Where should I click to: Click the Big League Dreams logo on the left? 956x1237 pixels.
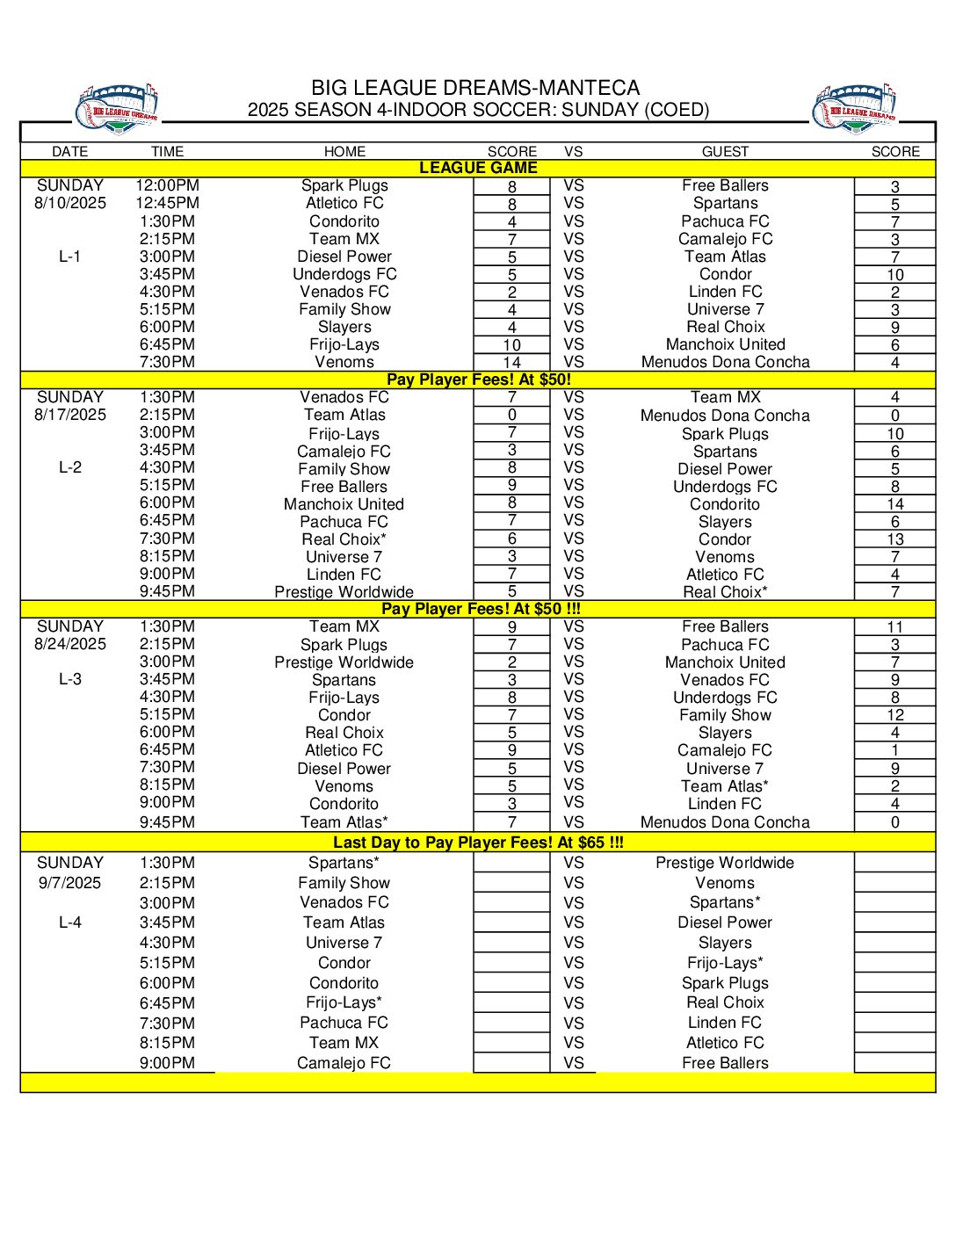pos(116,109)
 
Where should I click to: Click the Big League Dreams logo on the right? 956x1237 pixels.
pos(854,109)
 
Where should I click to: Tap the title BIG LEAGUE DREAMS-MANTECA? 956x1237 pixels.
pos(475,88)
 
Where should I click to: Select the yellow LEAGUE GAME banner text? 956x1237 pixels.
pos(478,168)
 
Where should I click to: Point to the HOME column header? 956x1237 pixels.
pos(344,151)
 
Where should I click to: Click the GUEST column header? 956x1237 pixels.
pos(725,151)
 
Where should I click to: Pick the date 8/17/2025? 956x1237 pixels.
pos(70,415)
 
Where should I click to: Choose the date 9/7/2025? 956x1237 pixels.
pos(70,883)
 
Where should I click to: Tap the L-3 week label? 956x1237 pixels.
pos(70,679)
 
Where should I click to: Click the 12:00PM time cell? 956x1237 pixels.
pos(167,185)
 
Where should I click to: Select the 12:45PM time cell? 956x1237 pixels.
pos(167,203)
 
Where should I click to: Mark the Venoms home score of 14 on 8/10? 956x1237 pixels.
pos(512,362)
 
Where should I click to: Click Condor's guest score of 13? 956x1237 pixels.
pos(895,539)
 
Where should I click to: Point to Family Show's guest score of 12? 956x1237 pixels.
pos(895,715)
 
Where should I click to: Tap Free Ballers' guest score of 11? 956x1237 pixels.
pos(895,627)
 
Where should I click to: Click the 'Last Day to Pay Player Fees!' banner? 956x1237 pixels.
pos(478,843)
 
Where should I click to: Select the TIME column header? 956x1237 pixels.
pos(167,151)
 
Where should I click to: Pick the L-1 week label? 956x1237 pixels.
pos(70,257)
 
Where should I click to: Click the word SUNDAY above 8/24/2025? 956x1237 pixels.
pos(70,626)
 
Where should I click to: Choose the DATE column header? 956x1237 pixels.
pos(70,151)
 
